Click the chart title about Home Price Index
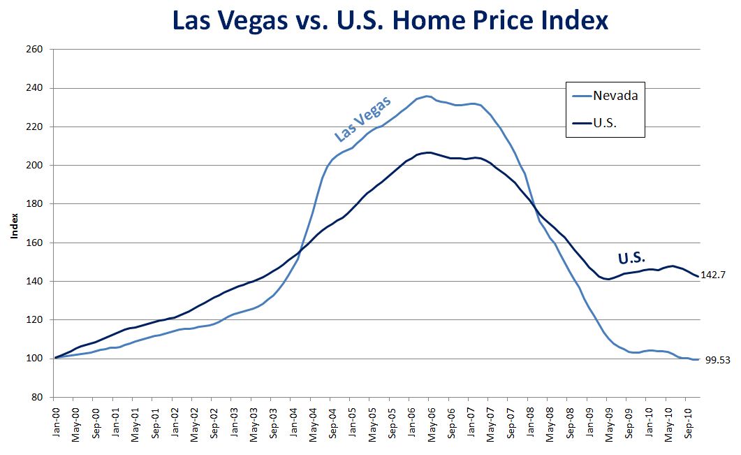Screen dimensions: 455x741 [x=390, y=20]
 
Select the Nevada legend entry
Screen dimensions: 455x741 [x=615, y=96]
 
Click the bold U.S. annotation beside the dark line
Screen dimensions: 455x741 [x=631, y=258]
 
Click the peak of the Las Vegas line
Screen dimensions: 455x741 [x=428, y=96]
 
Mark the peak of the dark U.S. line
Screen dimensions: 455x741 [x=428, y=152]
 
